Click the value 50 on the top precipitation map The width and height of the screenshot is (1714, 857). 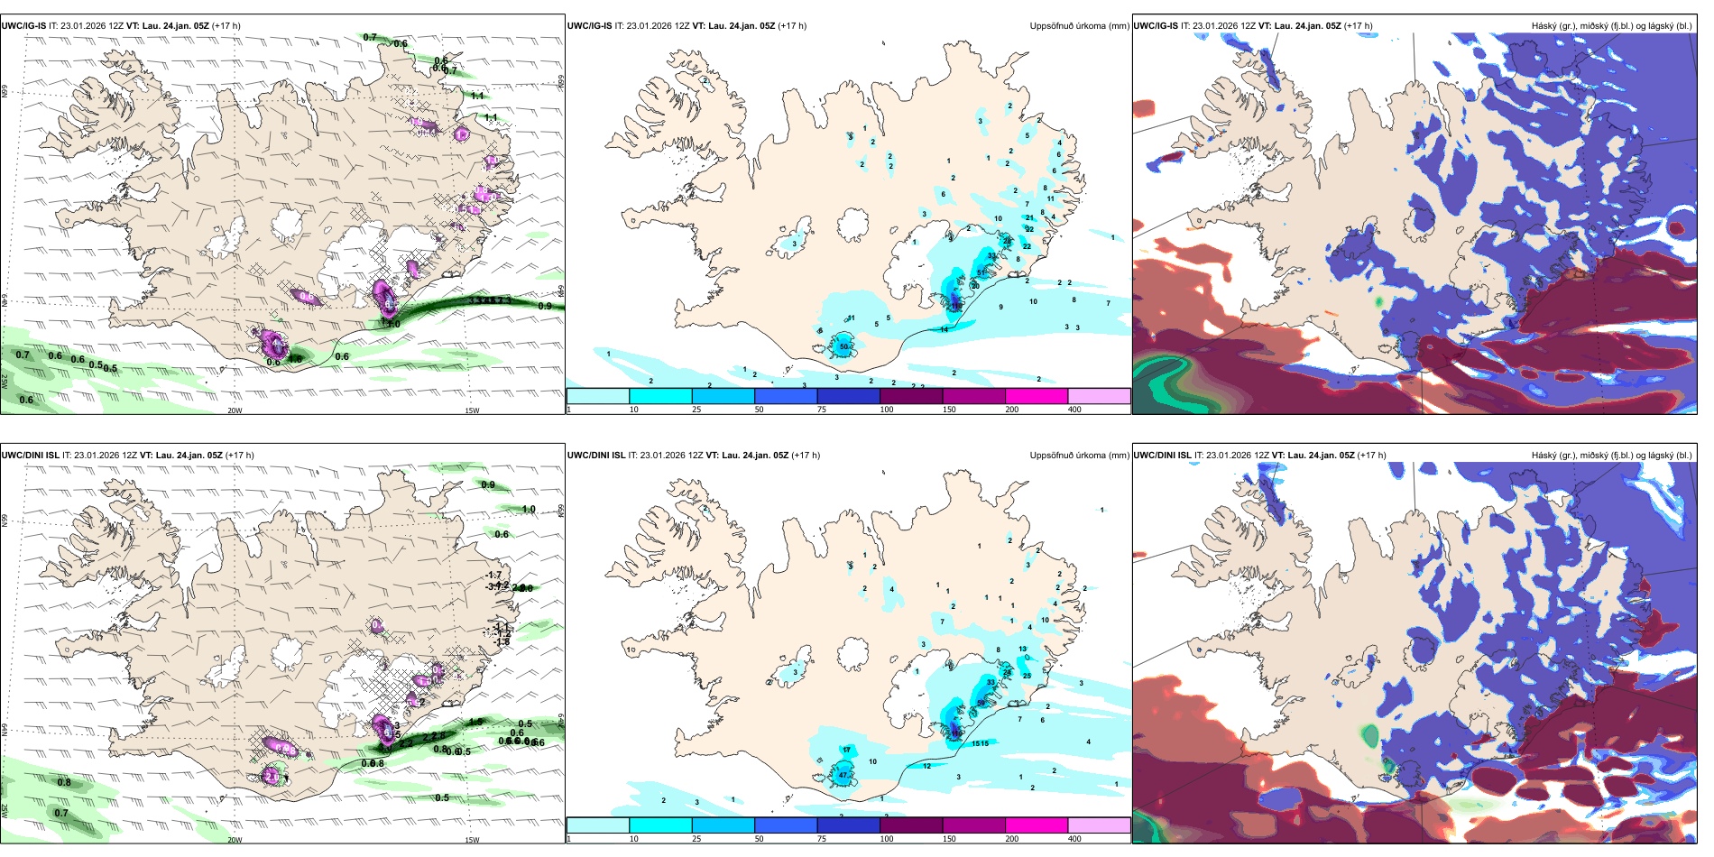(844, 346)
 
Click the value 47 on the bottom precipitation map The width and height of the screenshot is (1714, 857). (843, 775)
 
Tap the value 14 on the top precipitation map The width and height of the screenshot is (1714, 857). (945, 330)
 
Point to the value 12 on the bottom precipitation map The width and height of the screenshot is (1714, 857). (927, 766)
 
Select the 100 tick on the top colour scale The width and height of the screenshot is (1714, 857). (887, 410)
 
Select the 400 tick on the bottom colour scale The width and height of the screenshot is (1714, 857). (1074, 839)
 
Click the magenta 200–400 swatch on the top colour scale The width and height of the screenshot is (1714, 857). (1037, 395)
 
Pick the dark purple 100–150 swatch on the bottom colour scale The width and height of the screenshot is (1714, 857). (911, 825)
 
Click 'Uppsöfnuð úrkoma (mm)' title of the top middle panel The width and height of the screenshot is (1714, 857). (1079, 26)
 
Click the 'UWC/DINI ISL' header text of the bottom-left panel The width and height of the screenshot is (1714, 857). (30, 456)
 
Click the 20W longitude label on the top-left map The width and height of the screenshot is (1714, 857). (235, 410)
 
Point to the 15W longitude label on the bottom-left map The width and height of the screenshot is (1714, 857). (472, 840)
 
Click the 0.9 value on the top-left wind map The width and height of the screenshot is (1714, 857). (545, 306)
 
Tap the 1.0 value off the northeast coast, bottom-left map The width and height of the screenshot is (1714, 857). (528, 510)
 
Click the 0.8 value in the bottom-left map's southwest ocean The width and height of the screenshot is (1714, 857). (64, 782)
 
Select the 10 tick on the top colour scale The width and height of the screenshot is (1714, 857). (633, 410)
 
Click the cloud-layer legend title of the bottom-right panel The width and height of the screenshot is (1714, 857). (1611, 456)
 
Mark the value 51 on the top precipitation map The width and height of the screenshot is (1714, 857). (981, 272)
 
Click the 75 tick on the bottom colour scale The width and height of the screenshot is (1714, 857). (821, 839)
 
